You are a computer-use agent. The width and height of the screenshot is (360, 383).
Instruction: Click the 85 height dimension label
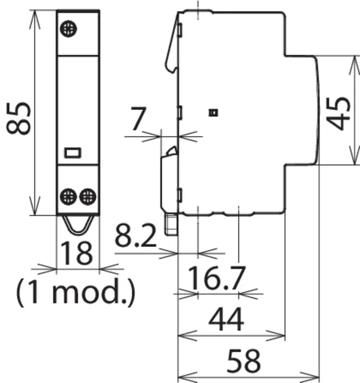(x=18, y=118)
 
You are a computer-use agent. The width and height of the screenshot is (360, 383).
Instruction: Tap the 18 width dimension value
(x=76, y=253)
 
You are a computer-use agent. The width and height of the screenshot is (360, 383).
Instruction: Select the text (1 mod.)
(x=76, y=292)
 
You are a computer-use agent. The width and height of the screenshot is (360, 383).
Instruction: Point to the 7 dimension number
(x=139, y=119)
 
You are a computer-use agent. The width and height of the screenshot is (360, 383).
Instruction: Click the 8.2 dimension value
(x=136, y=236)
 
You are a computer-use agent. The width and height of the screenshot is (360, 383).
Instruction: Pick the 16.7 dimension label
(x=217, y=278)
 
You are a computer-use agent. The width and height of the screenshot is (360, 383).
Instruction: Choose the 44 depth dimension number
(x=226, y=319)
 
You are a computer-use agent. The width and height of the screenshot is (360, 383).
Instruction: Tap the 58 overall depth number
(x=243, y=361)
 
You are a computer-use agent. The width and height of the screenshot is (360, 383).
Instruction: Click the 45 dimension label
(x=338, y=113)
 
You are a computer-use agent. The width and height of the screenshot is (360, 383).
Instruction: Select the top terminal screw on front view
(x=68, y=29)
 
